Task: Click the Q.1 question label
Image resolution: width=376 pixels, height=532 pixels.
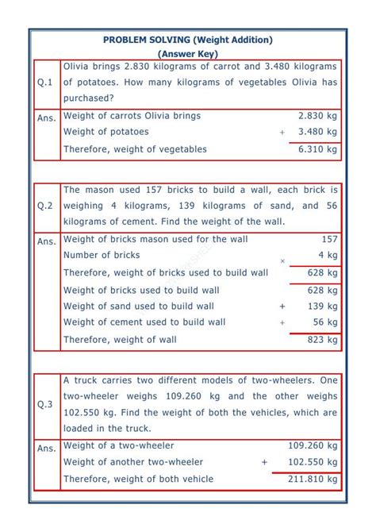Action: pos(45,83)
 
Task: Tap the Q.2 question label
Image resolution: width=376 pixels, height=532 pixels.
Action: pos(45,206)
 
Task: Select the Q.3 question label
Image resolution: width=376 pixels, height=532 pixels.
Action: pos(45,404)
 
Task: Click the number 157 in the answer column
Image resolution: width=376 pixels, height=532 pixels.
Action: pos(329,238)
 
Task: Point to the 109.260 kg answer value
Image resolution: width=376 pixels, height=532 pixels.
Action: pos(313,446)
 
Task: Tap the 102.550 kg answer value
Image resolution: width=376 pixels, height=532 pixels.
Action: pos(313,462)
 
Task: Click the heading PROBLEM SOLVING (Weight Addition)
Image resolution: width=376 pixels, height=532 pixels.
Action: pos(188,40)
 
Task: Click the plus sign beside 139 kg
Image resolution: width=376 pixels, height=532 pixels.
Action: pos(282,306)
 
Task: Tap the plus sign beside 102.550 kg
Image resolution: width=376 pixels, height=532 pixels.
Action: pos(264,462)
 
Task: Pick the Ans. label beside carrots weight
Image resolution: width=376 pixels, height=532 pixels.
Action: pos(47,118)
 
